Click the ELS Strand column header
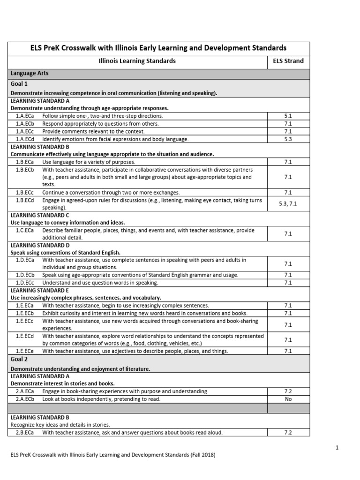(288, 61)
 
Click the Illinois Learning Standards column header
(137, 61)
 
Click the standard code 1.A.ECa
(25, 116)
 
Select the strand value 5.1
(288, 116)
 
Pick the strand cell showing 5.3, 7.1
(288, 204)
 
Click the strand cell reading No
(288, 399)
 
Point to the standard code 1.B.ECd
(25, 200)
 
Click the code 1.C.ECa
(25, 230)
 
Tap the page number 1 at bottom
(337, 448)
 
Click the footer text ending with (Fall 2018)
(113, 455)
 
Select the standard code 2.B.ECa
(25, 433)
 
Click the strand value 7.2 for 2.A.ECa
(288, 391)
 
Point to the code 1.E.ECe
(25, 351)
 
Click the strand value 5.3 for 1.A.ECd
(288, 139)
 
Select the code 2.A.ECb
(25, 399)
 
